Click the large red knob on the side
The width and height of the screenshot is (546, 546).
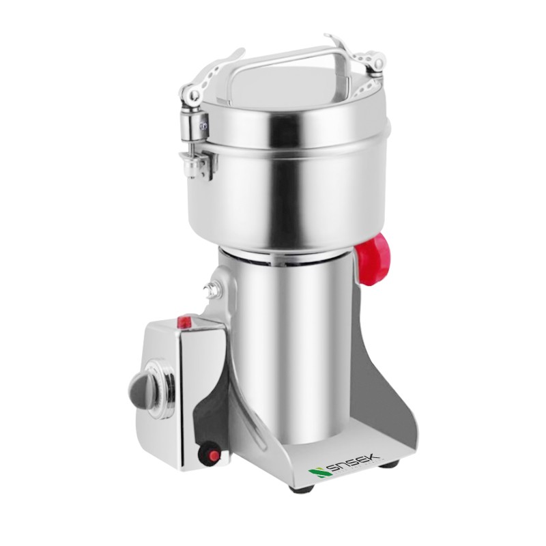373,259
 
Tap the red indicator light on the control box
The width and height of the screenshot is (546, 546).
184,321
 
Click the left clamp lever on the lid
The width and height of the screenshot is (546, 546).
209,76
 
